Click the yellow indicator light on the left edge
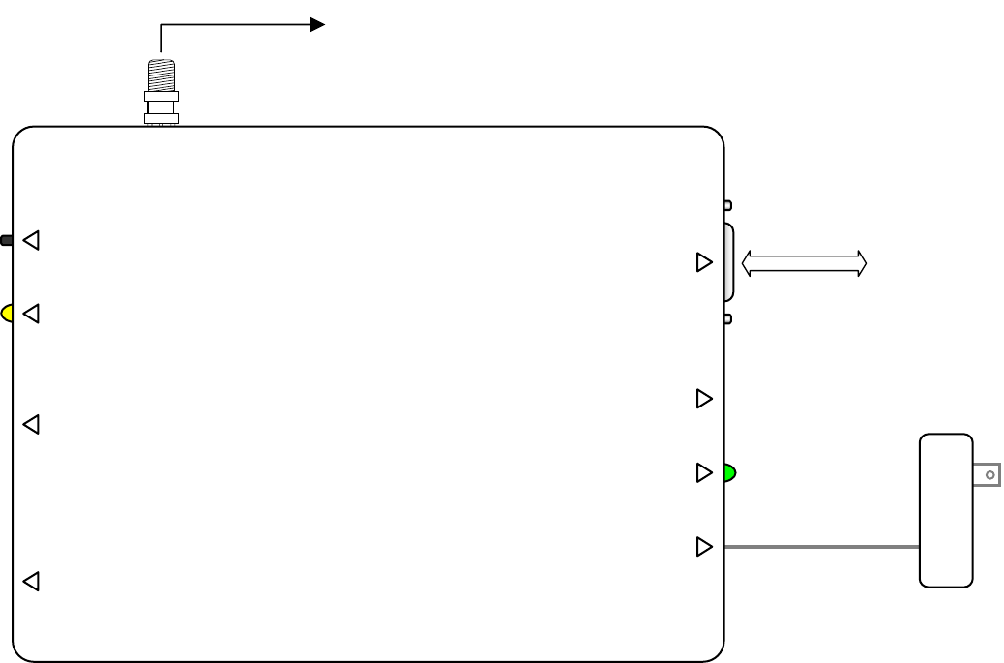pos(7,314)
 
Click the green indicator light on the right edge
pos(730,473)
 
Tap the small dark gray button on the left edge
pos(6,240)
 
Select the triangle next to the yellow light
pos(31,314)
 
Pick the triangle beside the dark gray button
pos(31,240)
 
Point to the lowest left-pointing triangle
pos(31,582)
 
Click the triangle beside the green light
pos(704,473)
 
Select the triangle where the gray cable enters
pos(704,547)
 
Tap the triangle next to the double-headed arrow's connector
pos(704,262)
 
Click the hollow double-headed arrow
pos(804,263)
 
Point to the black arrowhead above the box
pos(316,25)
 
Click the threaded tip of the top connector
pos(161,74)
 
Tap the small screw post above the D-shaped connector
pos(728,205)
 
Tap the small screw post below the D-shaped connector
pos(728,318)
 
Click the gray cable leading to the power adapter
pos(822,548)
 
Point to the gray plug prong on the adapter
pos(987,475)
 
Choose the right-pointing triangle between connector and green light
pos(704,398)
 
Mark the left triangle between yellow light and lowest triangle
pos(31,424)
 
